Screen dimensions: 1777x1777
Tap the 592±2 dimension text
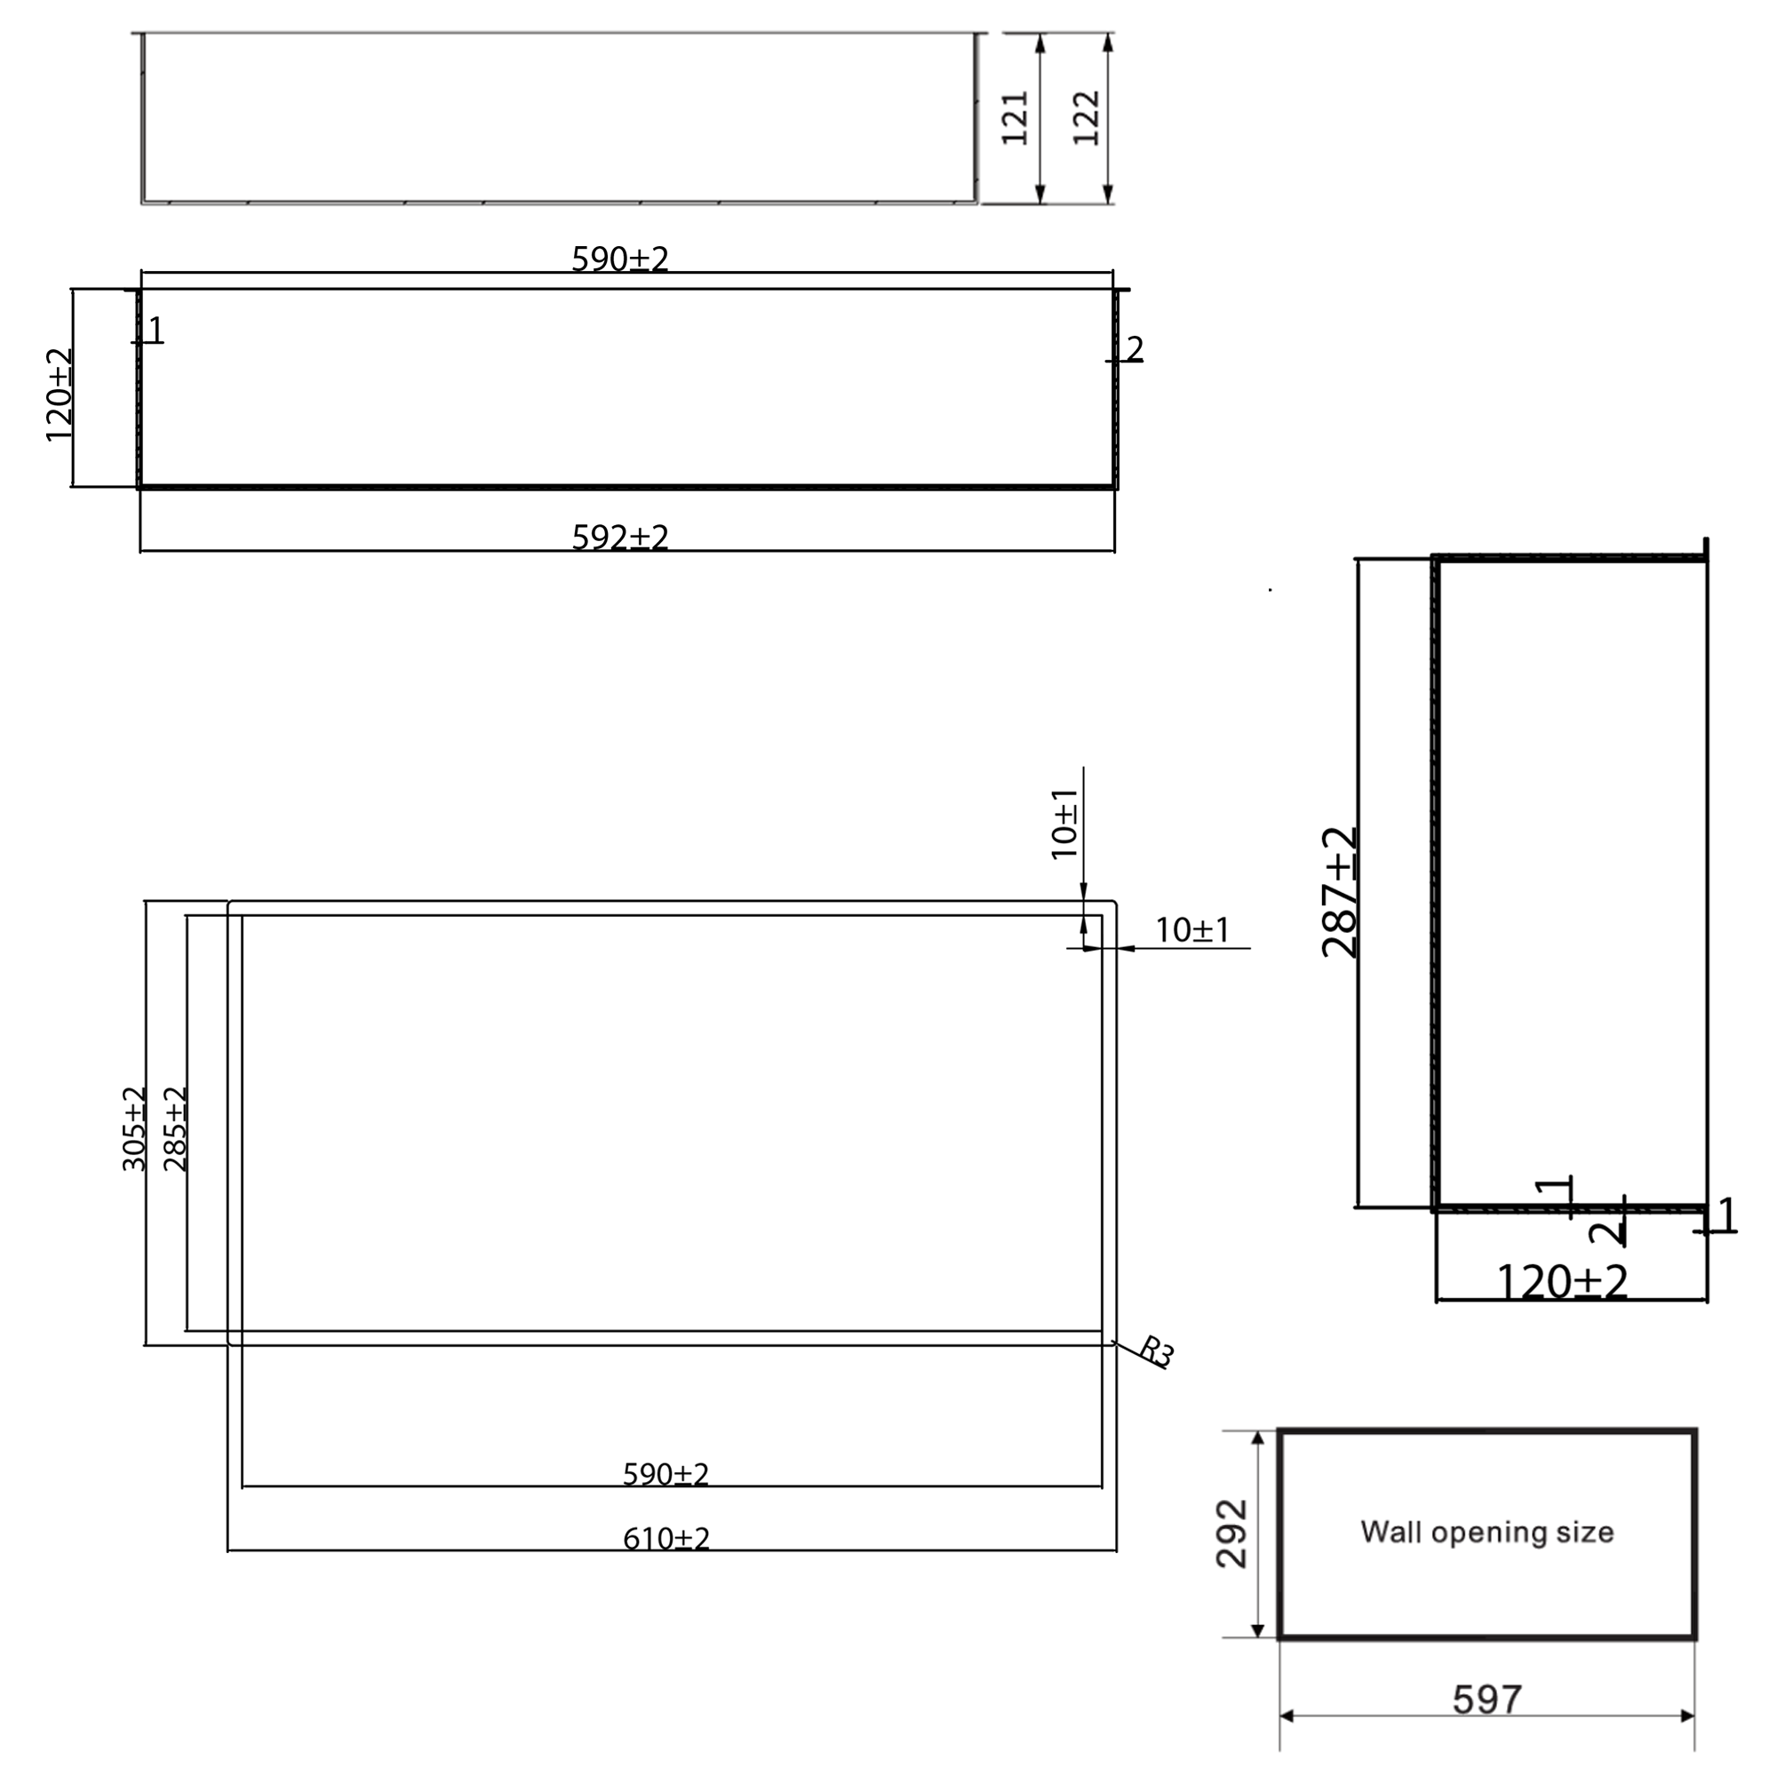[620, 538]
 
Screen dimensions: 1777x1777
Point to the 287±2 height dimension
[1339, 892]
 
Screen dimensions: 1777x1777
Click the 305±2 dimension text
[134, 1128]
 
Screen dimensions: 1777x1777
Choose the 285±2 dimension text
[175, 1128]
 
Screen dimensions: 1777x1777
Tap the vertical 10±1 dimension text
[1065, 825]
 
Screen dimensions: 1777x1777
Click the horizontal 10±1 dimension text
[1192, 931]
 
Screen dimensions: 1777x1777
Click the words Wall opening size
[1486, 1533]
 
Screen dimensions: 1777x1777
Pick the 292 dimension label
[1231, 1534]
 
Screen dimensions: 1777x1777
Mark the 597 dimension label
[1486, 1700]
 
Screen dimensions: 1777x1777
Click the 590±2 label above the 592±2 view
[620, 259]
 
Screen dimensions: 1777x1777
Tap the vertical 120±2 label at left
[59, 394]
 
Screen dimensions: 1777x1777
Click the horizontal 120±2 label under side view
[1562, 1281]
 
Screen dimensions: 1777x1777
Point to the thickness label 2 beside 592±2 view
[1135, 349]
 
